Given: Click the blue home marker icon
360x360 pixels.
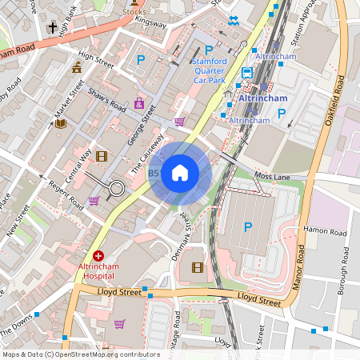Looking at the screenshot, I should coord(180,172).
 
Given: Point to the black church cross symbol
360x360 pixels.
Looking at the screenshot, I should coord(52,29).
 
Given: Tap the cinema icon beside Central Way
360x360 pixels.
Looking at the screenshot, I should coord(101,156).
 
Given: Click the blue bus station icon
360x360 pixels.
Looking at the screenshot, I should coord(247,72).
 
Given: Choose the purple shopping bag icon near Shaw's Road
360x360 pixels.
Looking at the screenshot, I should coord(139,103).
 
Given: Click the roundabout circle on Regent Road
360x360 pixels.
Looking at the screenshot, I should coord(117,189).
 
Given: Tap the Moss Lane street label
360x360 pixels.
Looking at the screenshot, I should coord(269,174).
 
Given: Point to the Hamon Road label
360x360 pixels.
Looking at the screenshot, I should coord(326,232).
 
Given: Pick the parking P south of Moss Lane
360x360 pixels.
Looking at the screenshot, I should coord(247,227).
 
